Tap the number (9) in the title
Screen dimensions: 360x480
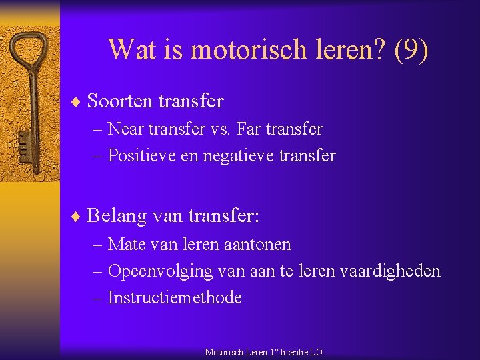[x=411, y=49]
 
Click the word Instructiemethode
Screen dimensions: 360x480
[x=175, y=298]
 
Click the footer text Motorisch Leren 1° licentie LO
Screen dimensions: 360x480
[x=263, y=352]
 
